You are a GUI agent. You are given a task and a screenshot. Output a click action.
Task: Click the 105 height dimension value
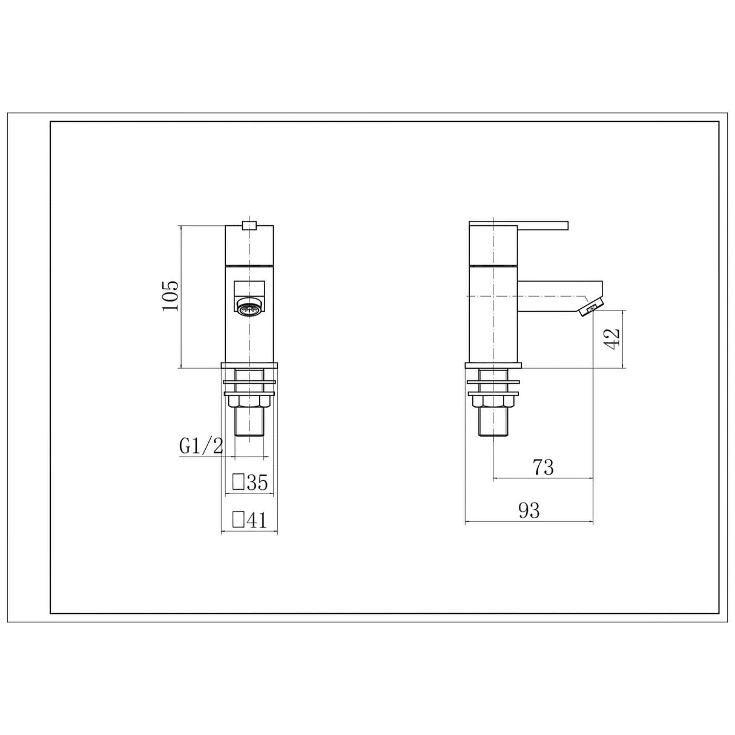pyautogui.click(x=171, y=295)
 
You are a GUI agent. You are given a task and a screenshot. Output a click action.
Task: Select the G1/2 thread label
pyautogui.click(x=201, y=447)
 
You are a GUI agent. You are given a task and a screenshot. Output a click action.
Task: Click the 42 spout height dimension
pyautogui.click(x=612, y=338)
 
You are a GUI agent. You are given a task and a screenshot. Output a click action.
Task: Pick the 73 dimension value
pyautogui.click(x=543, y=467)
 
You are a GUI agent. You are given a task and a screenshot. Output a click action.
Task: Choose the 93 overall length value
pyautogui.click(x=529, y=510)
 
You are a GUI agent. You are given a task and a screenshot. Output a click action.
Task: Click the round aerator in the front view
pyautogui.click(x=249, y=309)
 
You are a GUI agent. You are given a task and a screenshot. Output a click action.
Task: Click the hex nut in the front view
pyautogui.click(x=249, y=401)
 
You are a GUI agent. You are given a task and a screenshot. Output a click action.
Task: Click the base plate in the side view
pyautogui.click(x=493, y=366)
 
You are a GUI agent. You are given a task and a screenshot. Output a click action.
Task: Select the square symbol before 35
pyautogui.click(x=239, y=483)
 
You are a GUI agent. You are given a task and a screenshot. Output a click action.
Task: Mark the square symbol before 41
pyautogui.click(x=239, y=520)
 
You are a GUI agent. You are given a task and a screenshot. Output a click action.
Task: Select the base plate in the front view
pyautogui.click(x=249, y=366)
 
